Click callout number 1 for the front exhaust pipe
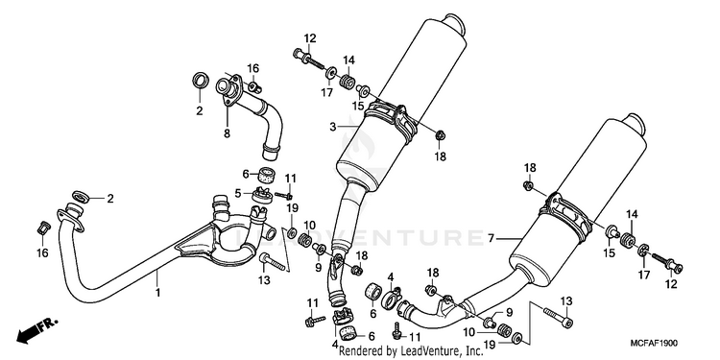[x=157, y=292]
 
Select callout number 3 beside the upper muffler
[x=333, y=126]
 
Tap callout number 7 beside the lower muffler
[x=491, y=238]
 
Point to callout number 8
[x=227, y=134]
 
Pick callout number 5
[x=238, y=193]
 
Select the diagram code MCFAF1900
[x=654, y=343]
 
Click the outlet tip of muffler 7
[x=635, y=124]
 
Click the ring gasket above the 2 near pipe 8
[x=200, y=81]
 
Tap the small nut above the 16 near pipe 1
[x=42, y=228]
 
